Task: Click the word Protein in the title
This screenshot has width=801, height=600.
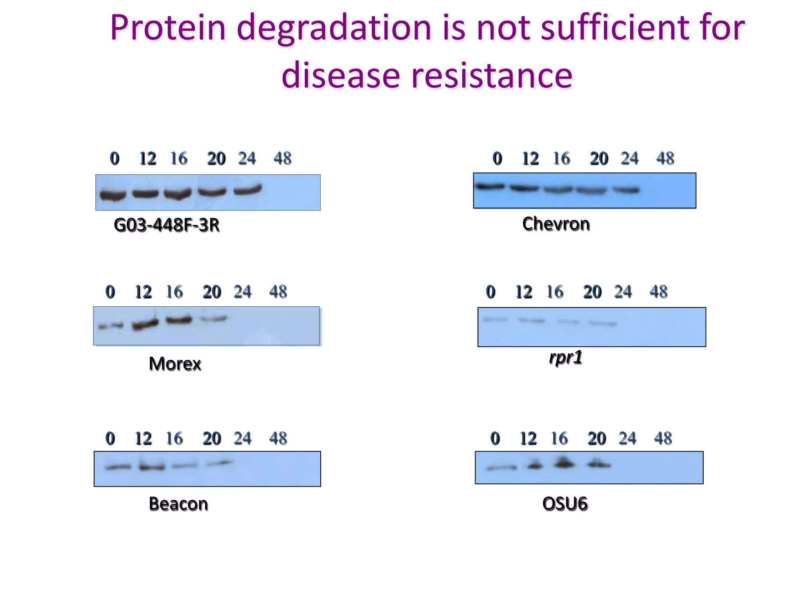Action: pyautogui.click(x=168, y=28)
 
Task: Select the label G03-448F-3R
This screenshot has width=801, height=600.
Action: pyautogui.click(x=166, y=225)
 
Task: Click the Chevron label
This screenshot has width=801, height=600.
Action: pyautogui.click(x=556, y=224)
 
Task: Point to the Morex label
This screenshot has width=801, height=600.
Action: pyautogui.click(x=175, y=364)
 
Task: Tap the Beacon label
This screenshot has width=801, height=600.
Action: pyautogui.click(x=178, y=504)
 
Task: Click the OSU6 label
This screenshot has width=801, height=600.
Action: pyautogui.click(x=565, y=504)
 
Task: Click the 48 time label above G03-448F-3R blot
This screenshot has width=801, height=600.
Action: pyautogui.click(x=282, y=159)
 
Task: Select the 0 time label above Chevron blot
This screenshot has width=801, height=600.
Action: pyautogui.click(x=497, y=159)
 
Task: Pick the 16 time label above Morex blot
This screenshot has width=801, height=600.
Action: pyautogui.click(x=174, y=292)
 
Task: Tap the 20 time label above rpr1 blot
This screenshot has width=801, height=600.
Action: pyautogui.click(x=592, y=292)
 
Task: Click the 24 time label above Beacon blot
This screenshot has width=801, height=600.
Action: pyautogui.click(x=242, y=438)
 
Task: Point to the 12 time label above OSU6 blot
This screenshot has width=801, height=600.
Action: pyautogui.click(x=528, y=438)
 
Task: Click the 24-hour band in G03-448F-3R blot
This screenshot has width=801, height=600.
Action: pyautogui.click(x=248, y=190)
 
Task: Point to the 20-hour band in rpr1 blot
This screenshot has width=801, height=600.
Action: pyautogui.click(x=603, y=323)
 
